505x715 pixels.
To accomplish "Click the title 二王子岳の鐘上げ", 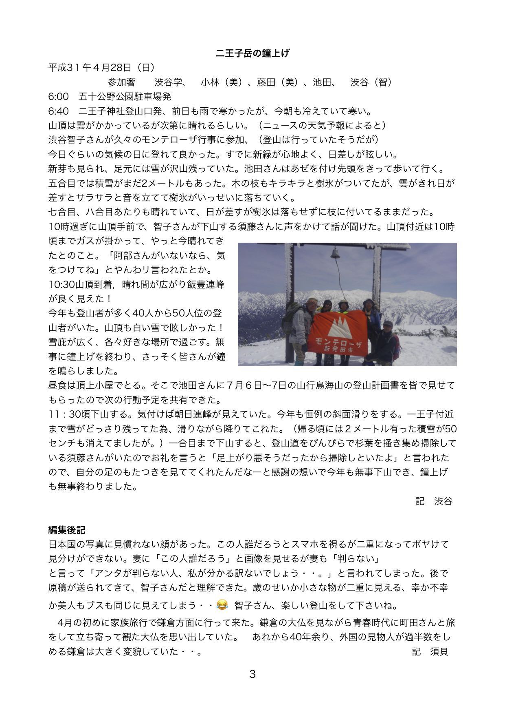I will (x=252, y=53).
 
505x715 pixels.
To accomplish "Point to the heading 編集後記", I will (x=67, y=530).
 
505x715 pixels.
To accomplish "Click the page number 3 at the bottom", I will (x=252, y=674).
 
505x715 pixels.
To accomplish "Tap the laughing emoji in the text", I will (x=222, y=604).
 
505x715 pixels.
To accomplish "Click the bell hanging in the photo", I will (x=335, y=254).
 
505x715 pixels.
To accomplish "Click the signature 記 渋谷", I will (x=434, y=501).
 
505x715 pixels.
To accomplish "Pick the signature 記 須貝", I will (x=430, y=651).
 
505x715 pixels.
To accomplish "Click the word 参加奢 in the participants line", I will (x=121, y=82).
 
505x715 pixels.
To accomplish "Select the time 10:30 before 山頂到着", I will (x=61, y=284).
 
